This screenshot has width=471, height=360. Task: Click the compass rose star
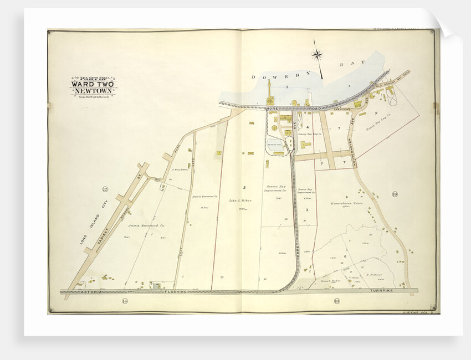pos(317,54)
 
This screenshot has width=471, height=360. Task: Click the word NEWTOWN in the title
pos(93,90)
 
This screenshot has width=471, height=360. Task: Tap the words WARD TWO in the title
pos(93,84)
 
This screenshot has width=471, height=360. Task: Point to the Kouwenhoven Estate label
pos(349,204)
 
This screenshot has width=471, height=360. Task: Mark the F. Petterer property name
pos(375,273)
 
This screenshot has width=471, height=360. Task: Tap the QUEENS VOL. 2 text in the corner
pos(417,313)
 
